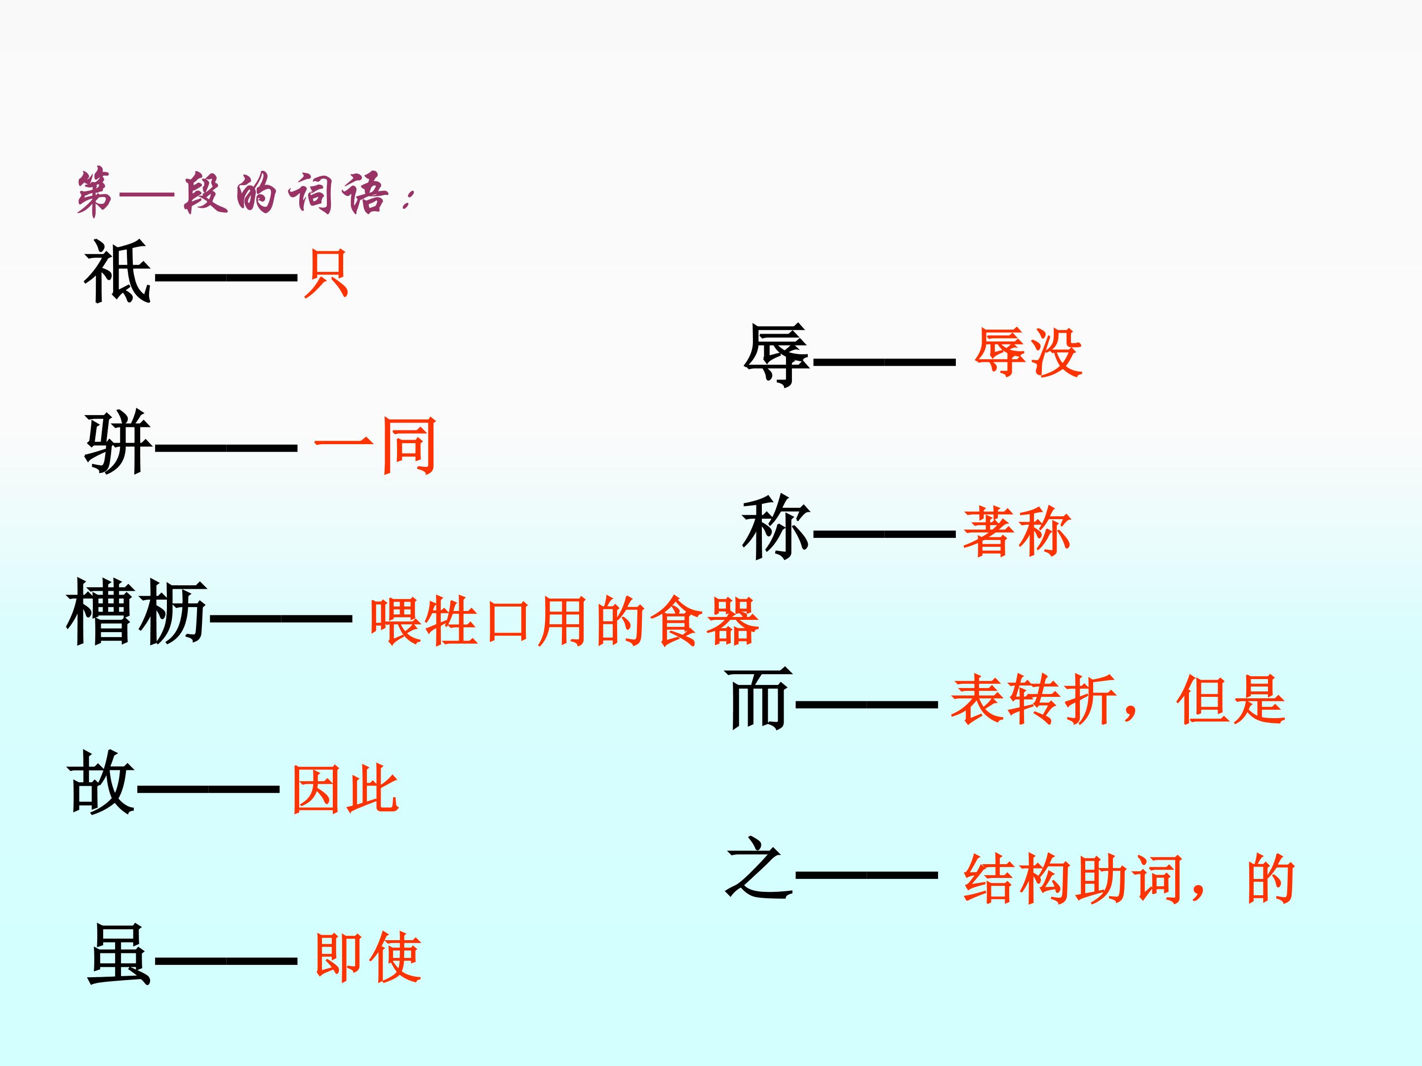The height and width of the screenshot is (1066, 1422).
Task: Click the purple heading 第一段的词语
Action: (x=244, y=193)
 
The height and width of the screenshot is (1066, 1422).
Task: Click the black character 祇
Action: (x=118, y=272)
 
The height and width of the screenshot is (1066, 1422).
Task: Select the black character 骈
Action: (x=118, y=443)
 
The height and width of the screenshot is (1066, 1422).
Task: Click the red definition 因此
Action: (x=345, y=789)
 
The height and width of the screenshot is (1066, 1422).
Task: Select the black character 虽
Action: (x=119, y=955)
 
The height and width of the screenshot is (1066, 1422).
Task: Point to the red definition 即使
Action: (x=368, y=957)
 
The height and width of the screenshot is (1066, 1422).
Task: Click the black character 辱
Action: (x=777, y=355)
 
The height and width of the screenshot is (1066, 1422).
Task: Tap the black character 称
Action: (x=776, y=527)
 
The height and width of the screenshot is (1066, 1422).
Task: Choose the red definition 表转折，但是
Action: (x=1118, y=700)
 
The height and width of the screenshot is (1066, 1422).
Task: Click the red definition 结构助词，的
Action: (x=1129, y=879)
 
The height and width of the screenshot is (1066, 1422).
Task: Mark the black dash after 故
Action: (x=208, y=789)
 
